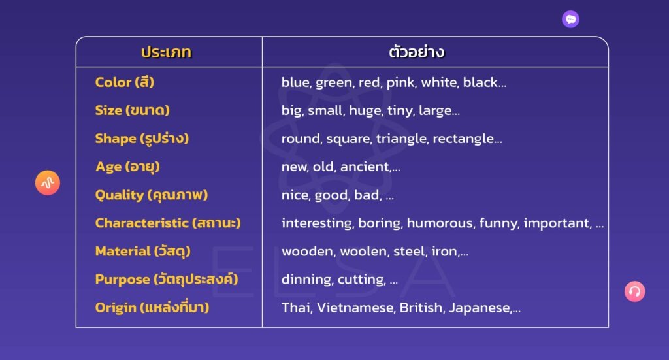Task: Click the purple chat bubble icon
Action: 570,19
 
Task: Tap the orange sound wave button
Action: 47,182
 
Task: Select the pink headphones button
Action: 635,291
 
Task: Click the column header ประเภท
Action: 167,52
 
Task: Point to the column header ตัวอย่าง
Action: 417,52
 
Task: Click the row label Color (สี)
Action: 125,82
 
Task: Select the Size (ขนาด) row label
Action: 132,110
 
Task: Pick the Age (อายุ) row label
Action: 127,167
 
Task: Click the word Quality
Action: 120,195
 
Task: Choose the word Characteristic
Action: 142,223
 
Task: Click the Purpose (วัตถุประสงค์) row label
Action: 167,279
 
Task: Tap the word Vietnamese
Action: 356,308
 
